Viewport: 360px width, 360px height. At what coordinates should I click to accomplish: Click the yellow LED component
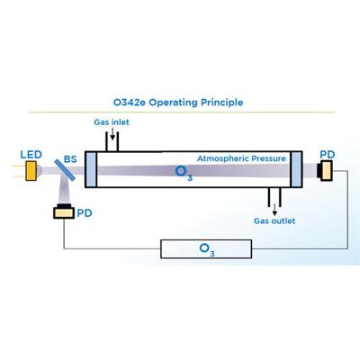tap(31, 171)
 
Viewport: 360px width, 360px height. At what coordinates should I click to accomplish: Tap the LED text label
tap(31, 155)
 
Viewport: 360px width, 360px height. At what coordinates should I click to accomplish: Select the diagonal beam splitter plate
tap(65, 170)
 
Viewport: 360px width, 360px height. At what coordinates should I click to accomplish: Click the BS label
tap(70, 159)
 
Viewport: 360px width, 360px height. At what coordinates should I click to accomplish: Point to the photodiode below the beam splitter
tap(64, 211)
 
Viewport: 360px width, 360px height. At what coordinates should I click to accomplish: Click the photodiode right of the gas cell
tap(325, 171)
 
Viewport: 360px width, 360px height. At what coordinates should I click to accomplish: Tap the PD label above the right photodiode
tap(327, 155)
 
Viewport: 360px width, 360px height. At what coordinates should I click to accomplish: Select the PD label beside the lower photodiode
tap(85, 213)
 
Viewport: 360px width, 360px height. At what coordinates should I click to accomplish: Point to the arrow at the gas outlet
tap(274, 210)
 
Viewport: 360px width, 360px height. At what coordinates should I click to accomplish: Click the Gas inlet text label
tap(112, 122)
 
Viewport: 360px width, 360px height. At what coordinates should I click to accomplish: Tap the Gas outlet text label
tap(274, 221)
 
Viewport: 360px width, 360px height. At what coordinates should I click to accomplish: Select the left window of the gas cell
tap(91, 169)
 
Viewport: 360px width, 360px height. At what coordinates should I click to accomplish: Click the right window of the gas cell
tap(296, 169)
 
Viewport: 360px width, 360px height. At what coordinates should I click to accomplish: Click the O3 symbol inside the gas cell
tap(184, 173)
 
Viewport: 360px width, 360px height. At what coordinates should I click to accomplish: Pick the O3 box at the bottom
tap(206, 249)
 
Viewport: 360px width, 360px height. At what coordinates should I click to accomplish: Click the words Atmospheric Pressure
tap(241, 158)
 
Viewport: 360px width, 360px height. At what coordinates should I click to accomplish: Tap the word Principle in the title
tap(221, 103)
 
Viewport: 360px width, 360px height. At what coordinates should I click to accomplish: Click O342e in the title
tap(130, 103)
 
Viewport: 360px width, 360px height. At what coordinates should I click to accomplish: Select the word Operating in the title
tap(174, 103)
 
